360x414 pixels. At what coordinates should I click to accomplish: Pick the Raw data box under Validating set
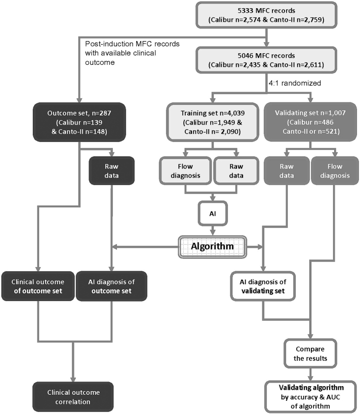(x=283, y=170)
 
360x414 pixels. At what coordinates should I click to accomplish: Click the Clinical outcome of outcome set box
(x=38, y=286)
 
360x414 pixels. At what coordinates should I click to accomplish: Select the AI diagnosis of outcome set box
(x=111, y=286)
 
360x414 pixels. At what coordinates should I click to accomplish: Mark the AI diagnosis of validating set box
(x=263, y=286)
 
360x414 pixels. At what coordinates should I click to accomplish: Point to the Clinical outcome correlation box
(x=74, y=397)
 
